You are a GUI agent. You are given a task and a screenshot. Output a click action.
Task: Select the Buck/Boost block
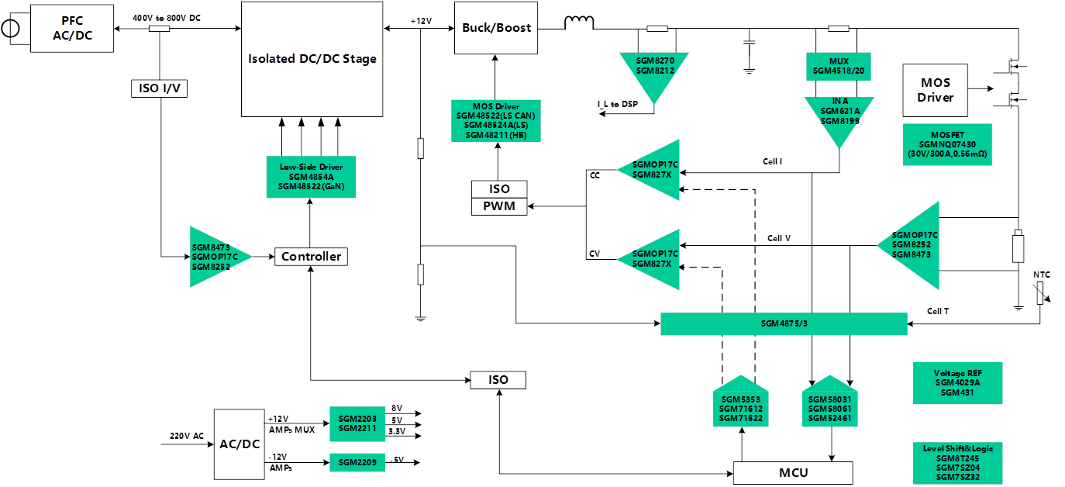495,28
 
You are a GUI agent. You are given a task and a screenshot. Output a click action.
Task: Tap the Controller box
311,257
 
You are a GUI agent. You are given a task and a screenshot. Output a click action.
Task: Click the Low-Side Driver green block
311,177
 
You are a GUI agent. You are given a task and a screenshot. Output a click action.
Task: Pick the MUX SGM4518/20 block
839,66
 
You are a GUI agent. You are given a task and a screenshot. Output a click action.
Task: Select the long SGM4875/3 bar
784,324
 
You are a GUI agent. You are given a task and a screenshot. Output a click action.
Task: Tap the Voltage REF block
957,383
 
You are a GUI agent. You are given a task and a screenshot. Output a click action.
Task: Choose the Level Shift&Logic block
957,462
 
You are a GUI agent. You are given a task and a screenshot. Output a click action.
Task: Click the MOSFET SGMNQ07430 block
947,144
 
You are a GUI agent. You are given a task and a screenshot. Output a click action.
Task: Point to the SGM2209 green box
357,462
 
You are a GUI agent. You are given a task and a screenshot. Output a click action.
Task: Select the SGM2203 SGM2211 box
357,423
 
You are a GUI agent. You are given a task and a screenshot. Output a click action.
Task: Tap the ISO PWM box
499,198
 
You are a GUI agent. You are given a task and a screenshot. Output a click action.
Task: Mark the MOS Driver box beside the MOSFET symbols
936,90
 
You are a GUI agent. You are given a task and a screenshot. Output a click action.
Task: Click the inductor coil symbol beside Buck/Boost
578,22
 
